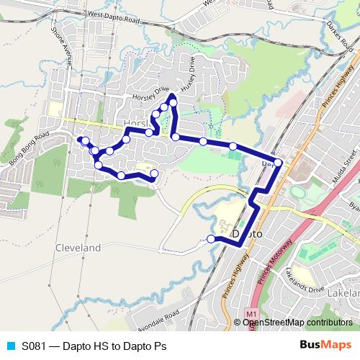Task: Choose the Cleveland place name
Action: coord(78,247)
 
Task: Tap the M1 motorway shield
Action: coord(251,315)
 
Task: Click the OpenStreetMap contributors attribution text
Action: coord(295,322)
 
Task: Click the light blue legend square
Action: coord(10,345)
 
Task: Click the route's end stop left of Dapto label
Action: coord(211,239)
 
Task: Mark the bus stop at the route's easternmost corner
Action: coord(278,163)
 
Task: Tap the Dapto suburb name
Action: coord(248,235)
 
